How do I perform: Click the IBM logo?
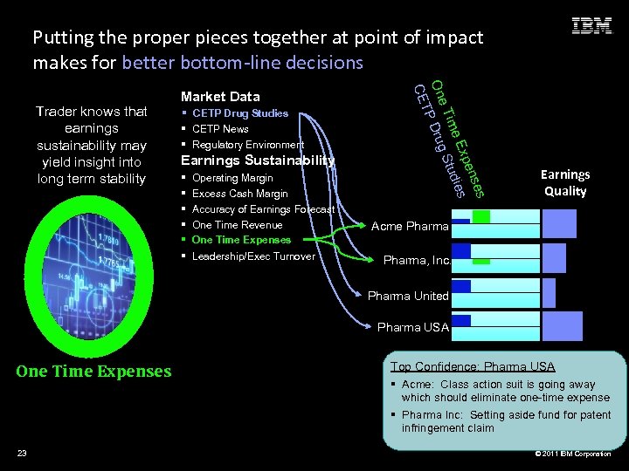pyautogui.click(x=591, y=26)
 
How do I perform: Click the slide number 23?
pyautogui.click(x=22, y=453)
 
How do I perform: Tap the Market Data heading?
pyautogui.click(x=219, y=96)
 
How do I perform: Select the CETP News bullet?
pyautogui.click(x=220, y=129)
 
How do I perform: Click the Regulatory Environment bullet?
pyautogui.click(x=247, y=145)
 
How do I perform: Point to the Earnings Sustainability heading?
pyautogui.click(x=257, y=160)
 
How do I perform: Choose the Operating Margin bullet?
pyautogui.click(x=232, y=178)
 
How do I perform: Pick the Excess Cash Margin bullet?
pyautogui.click(x=239, y=194)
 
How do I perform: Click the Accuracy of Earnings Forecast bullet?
pyautogui.click(x=263, y=209)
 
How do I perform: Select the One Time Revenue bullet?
pyautogui.click(x=237, y=225)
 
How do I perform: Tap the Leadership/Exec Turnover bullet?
pyautogui.click(x=253, y=256)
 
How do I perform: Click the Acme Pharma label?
pyautogui.click(x=410, y=227)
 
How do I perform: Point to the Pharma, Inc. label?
pyautogui.click(x=416, y=260)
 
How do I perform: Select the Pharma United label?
pyautogui.click(x=408, y=296)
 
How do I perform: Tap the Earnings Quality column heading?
pyautogui.click(x=565, y=183)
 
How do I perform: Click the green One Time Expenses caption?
pyautogui.click(x=93, y=372)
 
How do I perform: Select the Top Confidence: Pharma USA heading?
pyautogui.click(x=473, y=366)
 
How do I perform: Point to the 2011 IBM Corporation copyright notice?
pyautogui.click(x=573, y=454)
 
